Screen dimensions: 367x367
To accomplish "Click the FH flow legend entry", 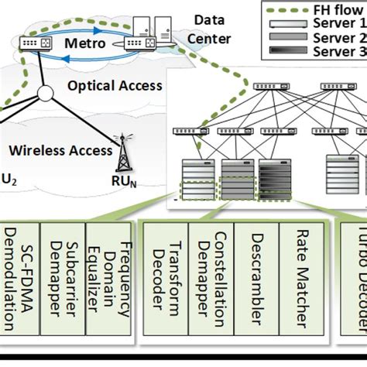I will coord(310,12).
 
